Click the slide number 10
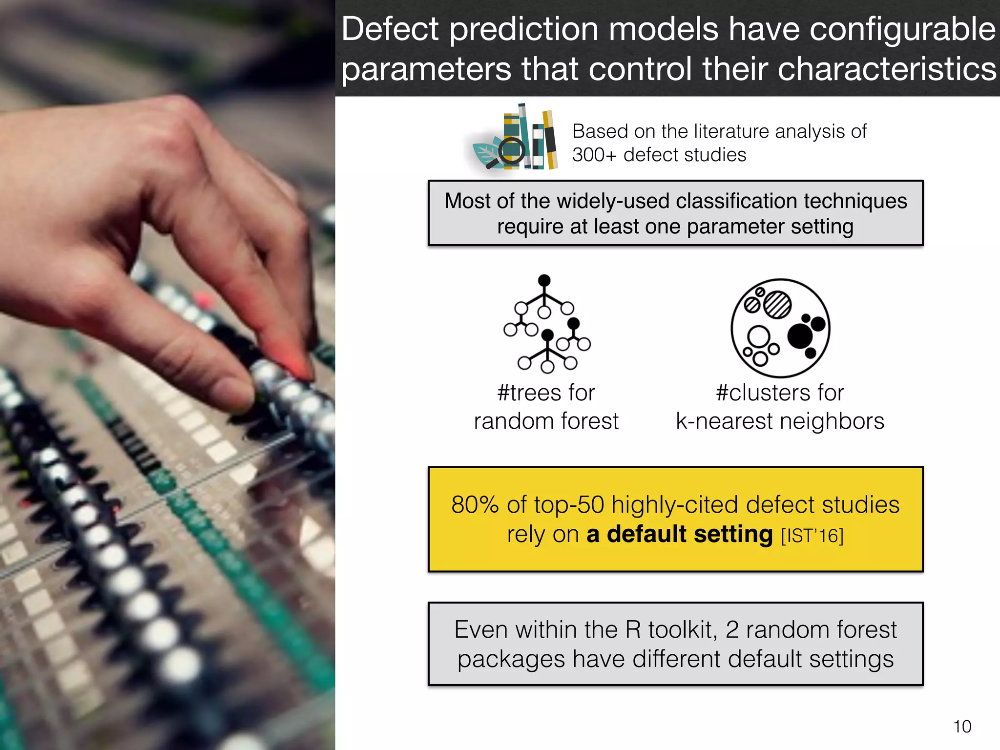point(962,727)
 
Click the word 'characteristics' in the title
point(887,69)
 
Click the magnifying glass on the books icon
point(511,152)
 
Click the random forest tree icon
point(547,324)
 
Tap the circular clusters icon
point(780,328)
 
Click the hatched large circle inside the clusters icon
point(777,305)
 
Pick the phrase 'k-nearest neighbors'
point(780,421)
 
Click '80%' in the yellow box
point(475,505)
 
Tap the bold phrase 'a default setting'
point(679,534)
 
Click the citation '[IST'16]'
point(812,536)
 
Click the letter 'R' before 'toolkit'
point(633,630)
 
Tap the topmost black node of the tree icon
point(544,280)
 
